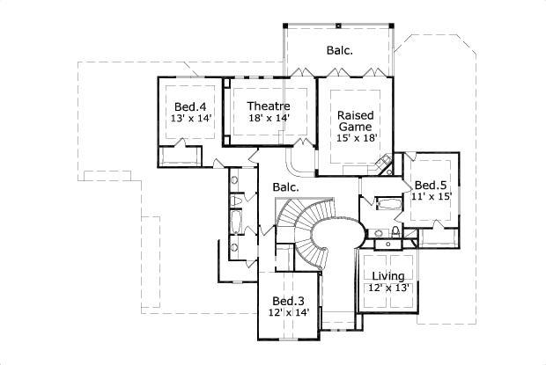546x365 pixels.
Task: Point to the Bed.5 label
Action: click(432, 185)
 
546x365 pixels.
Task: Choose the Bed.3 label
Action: click(289, 300)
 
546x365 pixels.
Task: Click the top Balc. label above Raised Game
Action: click(339, 50)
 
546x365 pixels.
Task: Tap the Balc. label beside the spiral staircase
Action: click(284, 187)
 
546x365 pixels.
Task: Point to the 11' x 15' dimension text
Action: click(432, 197)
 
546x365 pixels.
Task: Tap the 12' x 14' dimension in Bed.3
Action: click(289, 312)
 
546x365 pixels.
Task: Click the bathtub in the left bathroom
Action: click(235, 218)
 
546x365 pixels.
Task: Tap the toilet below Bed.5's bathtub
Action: click(395, 230)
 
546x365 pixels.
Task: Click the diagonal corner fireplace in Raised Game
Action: click(384, 165)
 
